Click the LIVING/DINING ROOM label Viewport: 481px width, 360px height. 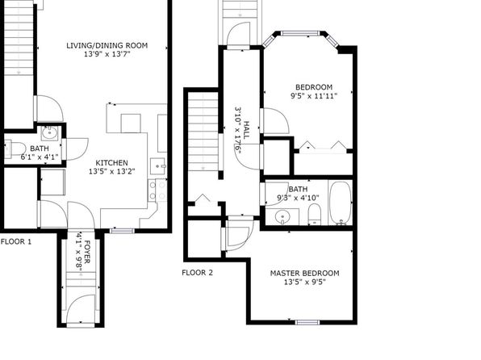click(107, 45)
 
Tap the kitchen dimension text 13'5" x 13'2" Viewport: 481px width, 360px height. click(112, 172)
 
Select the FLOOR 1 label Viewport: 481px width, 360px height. click(16, 242)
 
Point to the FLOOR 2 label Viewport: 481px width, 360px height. click(197, 273)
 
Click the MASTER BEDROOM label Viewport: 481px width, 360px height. click(304, 273)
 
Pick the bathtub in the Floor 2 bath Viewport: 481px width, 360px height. click(341, 203)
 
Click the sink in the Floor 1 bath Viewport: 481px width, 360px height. click(49, 133)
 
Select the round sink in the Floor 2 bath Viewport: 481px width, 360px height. click(282, 217)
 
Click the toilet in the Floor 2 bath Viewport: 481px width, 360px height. click(315, 214)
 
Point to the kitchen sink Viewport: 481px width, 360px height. click(157, 166)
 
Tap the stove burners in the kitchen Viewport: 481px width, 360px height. click(157, 190)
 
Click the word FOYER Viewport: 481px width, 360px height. click(87, 252)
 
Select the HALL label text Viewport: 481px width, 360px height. click(246, 130)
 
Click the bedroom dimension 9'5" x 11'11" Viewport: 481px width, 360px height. click(314, 96)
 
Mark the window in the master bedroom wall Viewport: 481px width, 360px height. click(307, 322)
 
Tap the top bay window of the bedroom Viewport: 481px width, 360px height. click(297, 33)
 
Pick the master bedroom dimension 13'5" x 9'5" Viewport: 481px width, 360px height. click(304, 282)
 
